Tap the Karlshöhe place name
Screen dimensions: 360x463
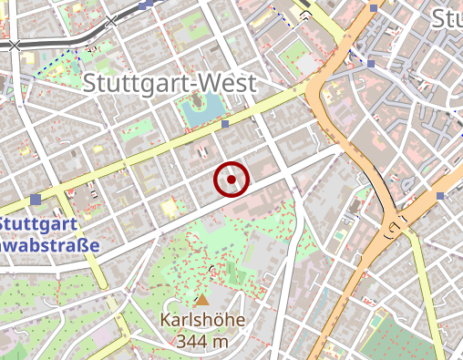[x=203, y=321]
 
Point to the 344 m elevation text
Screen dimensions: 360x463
[x=203, y=341]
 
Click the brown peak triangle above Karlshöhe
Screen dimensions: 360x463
[x=202, y=300]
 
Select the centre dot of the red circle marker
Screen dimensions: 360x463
[x=231, y=180]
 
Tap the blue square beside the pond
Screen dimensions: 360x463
[x=225, y=124]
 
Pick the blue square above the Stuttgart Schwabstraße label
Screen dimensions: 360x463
[x=36, y=199]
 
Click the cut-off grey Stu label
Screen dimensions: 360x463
[x=447, y=18]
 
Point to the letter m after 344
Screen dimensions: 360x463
[x=219, y=342]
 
